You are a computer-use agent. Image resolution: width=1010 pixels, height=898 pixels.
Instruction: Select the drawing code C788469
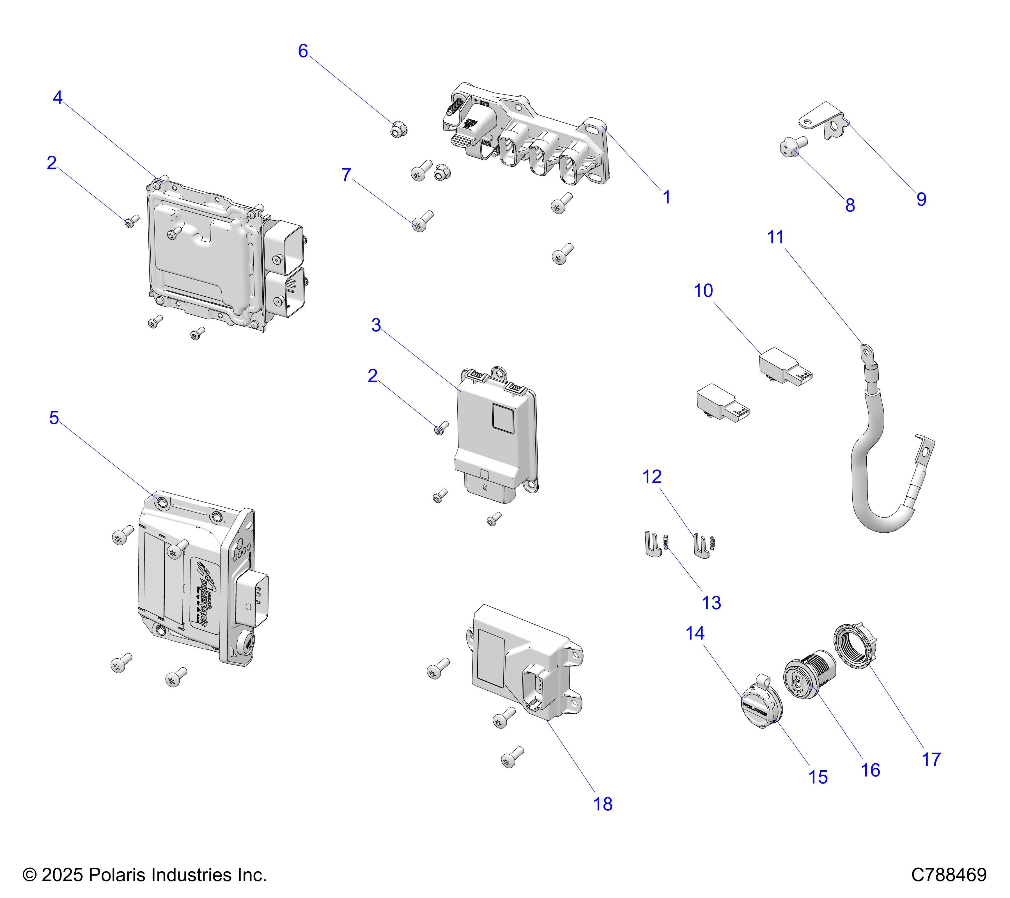coord(949,875)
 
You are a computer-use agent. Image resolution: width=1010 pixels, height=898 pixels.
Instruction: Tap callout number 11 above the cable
coord(775,237)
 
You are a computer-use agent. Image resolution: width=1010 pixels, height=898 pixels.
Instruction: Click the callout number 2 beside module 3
coord(373,376)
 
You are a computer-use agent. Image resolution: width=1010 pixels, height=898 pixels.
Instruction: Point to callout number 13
coord(711,603)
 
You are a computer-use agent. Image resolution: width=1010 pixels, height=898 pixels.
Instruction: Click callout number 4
coord(58,98)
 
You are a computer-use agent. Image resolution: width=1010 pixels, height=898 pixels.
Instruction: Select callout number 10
coord(703,291)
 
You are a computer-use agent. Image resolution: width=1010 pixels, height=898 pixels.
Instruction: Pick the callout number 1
coord(667,197)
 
